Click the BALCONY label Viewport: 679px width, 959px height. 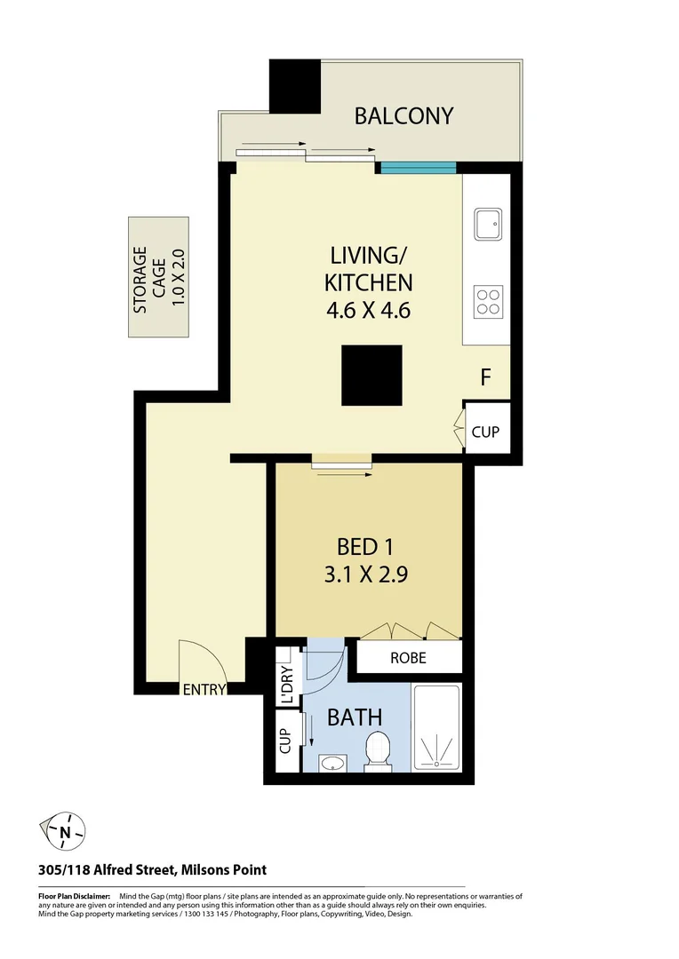pyautogui.click(x=404, y=115)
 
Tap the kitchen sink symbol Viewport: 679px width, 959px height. pyautogui.click(x=488, y=225)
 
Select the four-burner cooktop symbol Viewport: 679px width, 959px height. pyautogui.click(x=488, y=302)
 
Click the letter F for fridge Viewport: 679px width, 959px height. pyautogui.click(x=486, y=377)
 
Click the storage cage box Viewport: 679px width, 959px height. pyautogui.click(x=158, y=277)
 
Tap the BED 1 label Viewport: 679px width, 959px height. pyautogui.click(x=368, y=545)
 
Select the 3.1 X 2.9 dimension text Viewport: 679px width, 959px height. pyautogui.click(x=368, y=575)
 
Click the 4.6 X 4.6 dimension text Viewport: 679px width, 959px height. pyautogui.click(x=368, y=312)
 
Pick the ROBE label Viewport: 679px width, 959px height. pyautogui.click(x=408, y=658)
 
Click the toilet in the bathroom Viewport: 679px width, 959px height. pyautogui.click(x=378, y=748)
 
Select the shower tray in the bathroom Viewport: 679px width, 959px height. pyautogui.click(x=436, y=726)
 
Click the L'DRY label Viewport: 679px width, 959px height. pyautogui.click(x=286, y=686)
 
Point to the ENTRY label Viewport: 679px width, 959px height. pyautogui.click(x=204, y=689)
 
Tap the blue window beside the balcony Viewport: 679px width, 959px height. pyautogui.click(x=418, y=167)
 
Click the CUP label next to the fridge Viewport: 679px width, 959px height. pyautogui.click(x=485, y=432)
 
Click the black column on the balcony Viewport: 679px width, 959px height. pyautogui.click(x=295, y=87)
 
